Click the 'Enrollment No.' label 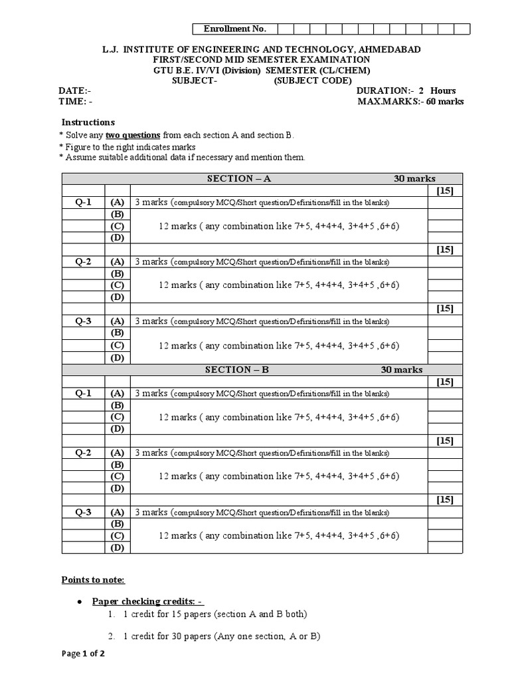tap(234, 29)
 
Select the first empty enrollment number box tap(284, 29)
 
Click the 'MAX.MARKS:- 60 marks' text tap(410, 102)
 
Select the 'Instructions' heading tap(88, 122)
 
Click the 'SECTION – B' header tap(237, 370)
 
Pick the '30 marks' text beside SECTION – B tap(401, 370)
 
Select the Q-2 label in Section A tap(84, 261)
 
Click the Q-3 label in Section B tap(84, 512)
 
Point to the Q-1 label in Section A tap(84, 202)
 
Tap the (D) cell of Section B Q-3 tap(118, 547)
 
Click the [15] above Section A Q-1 tap(445, 190)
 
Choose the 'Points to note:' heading tap(93, 580)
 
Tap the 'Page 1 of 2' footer tap(83, 654)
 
